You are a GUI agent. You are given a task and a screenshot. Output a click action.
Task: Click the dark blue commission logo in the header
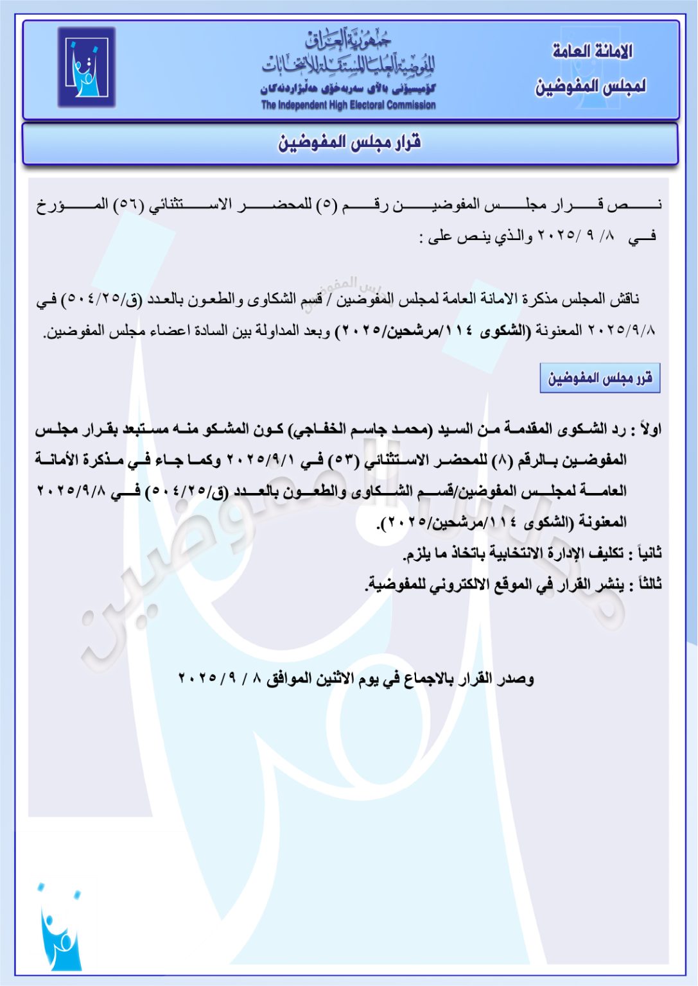87,67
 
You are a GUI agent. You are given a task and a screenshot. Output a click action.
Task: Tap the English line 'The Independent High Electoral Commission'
348,105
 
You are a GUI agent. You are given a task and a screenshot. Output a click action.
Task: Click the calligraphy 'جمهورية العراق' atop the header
348,40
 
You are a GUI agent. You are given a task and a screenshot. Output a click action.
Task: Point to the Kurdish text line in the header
348,89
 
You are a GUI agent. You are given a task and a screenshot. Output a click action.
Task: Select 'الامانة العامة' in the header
592,51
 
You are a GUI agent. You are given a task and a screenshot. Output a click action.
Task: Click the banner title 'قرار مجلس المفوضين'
349,143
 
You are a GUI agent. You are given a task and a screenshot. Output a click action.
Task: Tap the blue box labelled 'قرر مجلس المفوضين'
600,378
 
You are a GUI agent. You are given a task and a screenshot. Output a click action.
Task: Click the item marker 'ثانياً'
645,553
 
